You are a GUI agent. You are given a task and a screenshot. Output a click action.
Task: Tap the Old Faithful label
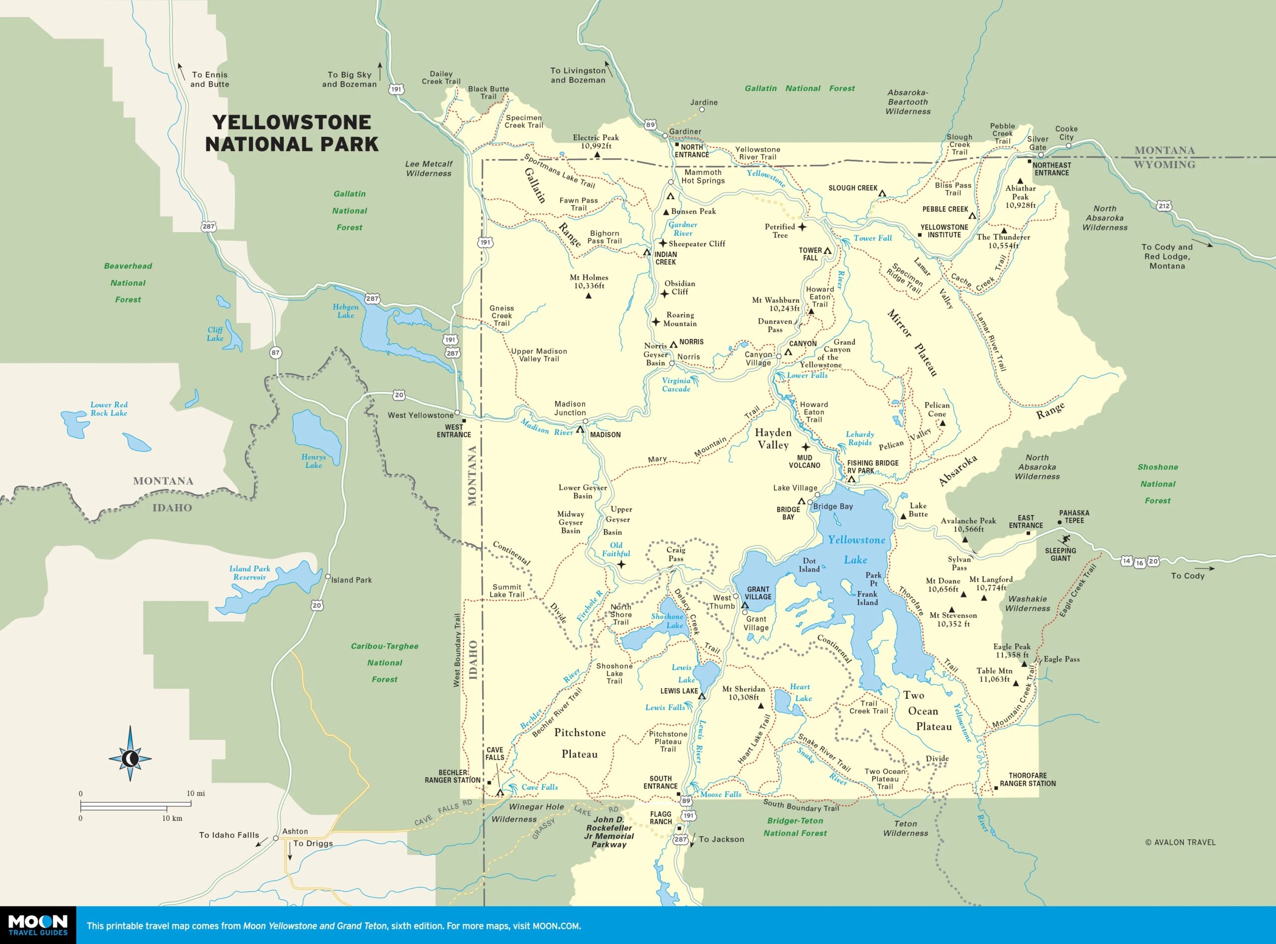click(x=616, y=549)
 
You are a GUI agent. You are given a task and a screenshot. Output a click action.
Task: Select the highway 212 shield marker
click(x=1164, y=206)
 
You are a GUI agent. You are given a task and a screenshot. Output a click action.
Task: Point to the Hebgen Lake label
click(x=345, y=311)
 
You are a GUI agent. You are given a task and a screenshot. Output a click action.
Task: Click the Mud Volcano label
click(x=804, y=461)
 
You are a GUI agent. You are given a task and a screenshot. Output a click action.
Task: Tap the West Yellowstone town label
click(x=420, y=415)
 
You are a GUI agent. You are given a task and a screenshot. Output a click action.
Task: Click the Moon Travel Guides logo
click(x=38, y=925)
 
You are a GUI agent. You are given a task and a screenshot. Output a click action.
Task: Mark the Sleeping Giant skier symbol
click(x=1064, y=540)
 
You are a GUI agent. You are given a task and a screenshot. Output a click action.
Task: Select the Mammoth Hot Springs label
click(x=703, y=176)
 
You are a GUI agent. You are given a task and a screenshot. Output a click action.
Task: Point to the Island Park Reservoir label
click(x=250, y=572)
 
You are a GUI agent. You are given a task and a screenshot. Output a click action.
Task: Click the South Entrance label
click(x=660, y=782)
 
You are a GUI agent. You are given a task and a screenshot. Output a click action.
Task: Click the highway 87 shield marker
click(x=275, y=353)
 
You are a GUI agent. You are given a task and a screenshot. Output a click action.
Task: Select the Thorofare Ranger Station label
click(x=1028, y=779)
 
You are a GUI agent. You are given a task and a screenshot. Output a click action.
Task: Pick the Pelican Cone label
click(x=937, y=409)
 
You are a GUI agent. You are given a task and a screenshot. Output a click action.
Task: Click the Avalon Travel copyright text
click(x=1180, y=842)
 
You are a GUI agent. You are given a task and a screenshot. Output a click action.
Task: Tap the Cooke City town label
click(x=1066, y=133)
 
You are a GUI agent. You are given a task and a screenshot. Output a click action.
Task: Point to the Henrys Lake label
click(x=314, y=461)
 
